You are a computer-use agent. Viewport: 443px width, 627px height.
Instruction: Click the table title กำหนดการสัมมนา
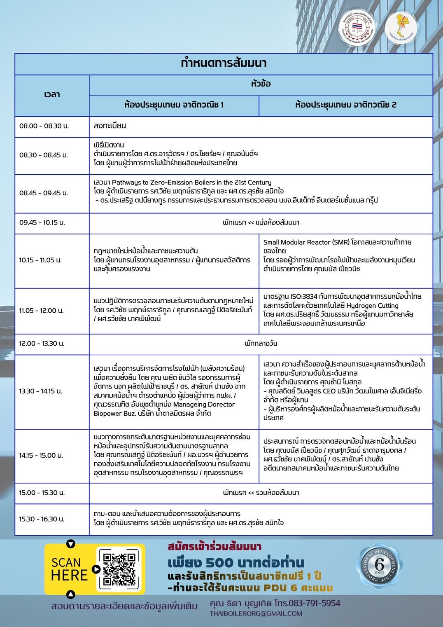point(224,63)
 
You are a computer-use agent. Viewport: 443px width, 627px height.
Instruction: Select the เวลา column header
point(52,95)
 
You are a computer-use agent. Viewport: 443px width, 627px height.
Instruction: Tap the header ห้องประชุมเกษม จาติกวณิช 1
point(174,105)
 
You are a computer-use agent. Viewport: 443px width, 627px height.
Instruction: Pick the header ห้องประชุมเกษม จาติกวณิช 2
point(345,105)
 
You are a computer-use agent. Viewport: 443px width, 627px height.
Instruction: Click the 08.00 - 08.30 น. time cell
point(44,126)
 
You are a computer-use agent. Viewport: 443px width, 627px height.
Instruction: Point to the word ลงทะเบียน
point(110,126)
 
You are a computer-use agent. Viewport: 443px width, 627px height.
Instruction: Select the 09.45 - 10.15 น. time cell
point(42,222)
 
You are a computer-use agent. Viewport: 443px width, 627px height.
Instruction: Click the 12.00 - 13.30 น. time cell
point(42,344)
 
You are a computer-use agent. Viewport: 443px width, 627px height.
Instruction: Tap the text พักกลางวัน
point(261,344)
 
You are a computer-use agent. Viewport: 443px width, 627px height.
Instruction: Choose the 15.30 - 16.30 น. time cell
point(42,519)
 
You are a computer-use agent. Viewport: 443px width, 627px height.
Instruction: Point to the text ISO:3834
point(304,296)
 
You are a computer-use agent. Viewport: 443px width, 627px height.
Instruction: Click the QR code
point(119,569)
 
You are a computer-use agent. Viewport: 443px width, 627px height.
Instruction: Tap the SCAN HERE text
point(69,569)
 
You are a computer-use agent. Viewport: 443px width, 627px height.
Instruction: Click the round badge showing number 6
point(379,565)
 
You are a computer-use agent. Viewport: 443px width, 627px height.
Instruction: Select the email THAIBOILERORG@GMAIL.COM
point(256,613)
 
